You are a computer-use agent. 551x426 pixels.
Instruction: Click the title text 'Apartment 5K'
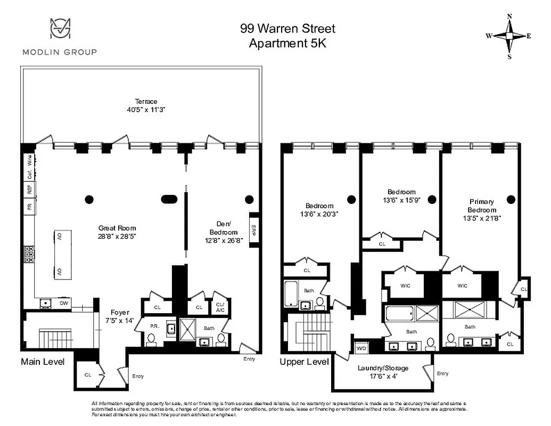(x=287, y=43)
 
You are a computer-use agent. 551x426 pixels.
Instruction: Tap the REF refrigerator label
(x=29, y=190)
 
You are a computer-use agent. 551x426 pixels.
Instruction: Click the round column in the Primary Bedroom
(x=511, y=199)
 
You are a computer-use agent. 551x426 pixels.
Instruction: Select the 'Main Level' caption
(x=43, y=362)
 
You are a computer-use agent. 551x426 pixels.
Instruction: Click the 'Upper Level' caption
(x=304, y=362)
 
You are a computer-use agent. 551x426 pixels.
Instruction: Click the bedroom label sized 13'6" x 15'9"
(x=401, y=195)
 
